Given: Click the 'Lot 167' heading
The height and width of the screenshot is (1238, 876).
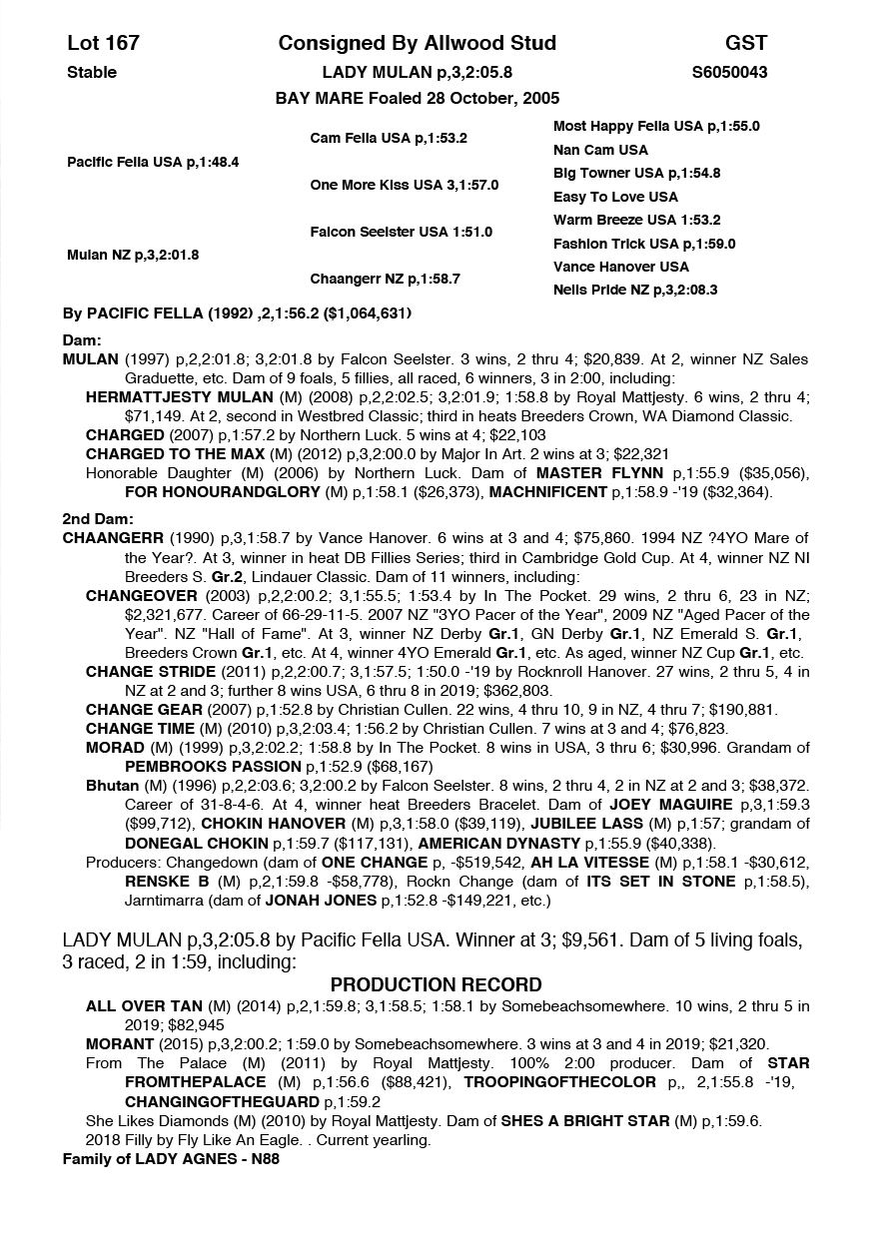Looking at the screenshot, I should (103, 43).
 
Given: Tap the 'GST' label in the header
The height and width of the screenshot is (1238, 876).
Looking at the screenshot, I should (746, 43).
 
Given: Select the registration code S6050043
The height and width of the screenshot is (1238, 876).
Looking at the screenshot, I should (729, 72).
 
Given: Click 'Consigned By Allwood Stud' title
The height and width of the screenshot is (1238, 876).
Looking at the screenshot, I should (418, 43).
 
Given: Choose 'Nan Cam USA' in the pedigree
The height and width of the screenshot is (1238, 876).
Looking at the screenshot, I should (600, 150).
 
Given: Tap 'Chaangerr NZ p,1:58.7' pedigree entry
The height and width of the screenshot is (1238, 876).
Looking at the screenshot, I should (385, 279).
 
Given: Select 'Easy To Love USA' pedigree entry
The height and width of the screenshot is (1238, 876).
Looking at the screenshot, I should (615, 197).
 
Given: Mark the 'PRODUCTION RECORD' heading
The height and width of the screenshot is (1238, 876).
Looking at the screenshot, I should (437, 984).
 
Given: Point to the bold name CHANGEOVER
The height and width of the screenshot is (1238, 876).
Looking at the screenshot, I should (133, 595).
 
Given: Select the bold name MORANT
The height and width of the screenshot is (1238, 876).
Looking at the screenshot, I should (119, 1043).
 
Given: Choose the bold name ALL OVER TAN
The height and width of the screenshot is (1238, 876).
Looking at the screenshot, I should (144, 1005).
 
